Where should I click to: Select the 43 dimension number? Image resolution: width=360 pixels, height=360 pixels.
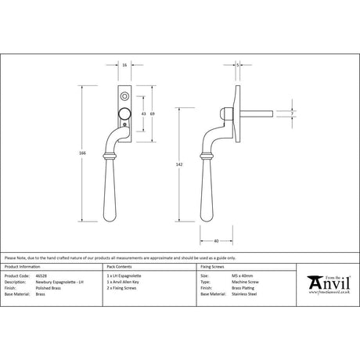click(143, 114)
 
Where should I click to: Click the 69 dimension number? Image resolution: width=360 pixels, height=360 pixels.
click(153, 114)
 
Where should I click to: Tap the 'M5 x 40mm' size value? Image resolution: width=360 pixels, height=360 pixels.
click(229, 275)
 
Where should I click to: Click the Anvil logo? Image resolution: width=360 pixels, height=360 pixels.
click(329, 283)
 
